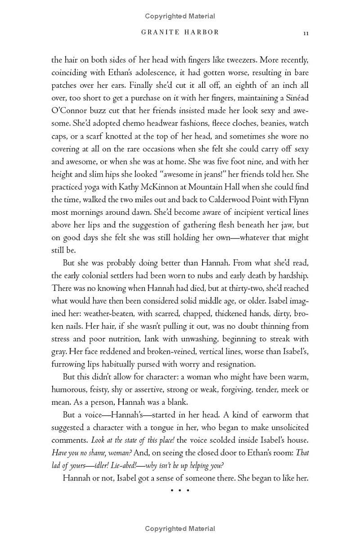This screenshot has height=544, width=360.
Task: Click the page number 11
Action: (306, 33)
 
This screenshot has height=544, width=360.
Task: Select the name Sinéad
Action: (296, 98)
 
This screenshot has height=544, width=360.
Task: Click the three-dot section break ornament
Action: (180, 490)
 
